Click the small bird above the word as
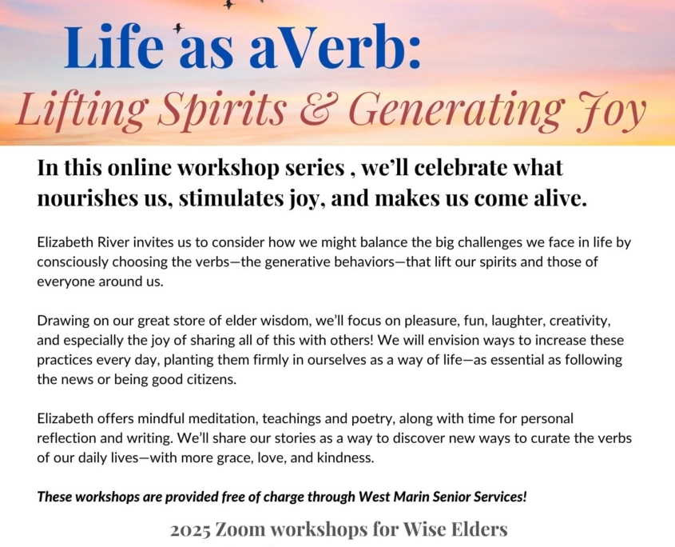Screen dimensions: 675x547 pos(178,29)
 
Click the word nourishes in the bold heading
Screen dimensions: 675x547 pos(85,198)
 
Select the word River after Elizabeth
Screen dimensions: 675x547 pos(113,242)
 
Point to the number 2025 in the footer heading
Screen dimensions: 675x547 pos(190,530)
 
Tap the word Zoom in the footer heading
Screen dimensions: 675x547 pos(240,529)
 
